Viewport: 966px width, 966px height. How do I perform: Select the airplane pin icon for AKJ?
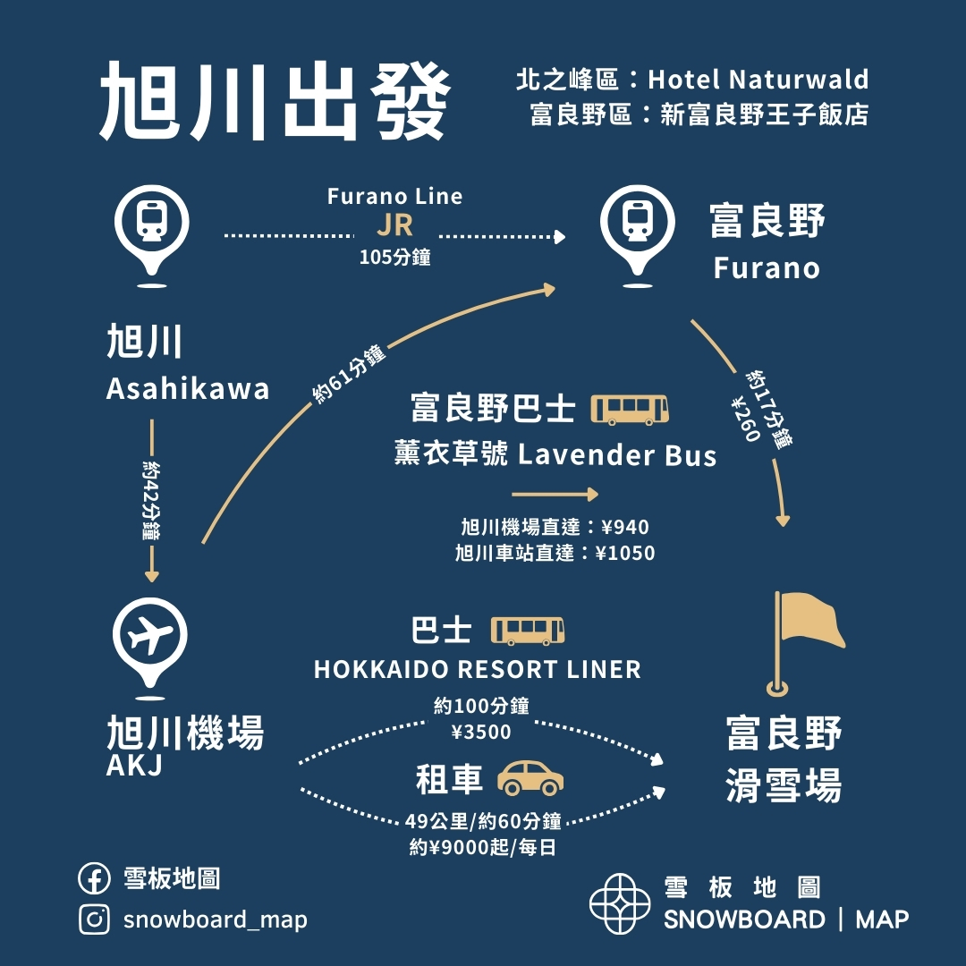[x=150, y=634]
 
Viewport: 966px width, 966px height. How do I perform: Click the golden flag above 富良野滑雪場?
[x=808, y=622]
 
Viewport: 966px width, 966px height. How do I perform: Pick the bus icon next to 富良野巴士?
[x=631, y=410]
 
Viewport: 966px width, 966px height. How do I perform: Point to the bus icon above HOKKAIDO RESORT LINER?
[x=528, y=631]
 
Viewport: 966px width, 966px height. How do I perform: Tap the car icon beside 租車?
[x=530, y=778]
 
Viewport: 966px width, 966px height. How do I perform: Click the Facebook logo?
[x=94, y=879]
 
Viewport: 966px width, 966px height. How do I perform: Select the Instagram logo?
[x=94, y=919]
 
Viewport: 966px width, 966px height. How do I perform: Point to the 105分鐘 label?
[x=394, y=258]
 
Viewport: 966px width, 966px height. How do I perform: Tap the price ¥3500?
[x=481, y=733]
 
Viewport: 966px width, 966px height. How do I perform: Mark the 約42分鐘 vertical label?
[x=151, y=500]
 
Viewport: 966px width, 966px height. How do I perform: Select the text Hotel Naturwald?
[x=758, y=80]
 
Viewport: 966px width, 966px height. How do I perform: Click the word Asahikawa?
[x=188, y=388]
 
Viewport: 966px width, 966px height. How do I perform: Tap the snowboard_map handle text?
[x=215, y=919]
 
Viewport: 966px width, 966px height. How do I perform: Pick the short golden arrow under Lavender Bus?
[x=555, y=494]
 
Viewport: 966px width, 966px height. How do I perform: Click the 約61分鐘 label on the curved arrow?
[x=350, y=374]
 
